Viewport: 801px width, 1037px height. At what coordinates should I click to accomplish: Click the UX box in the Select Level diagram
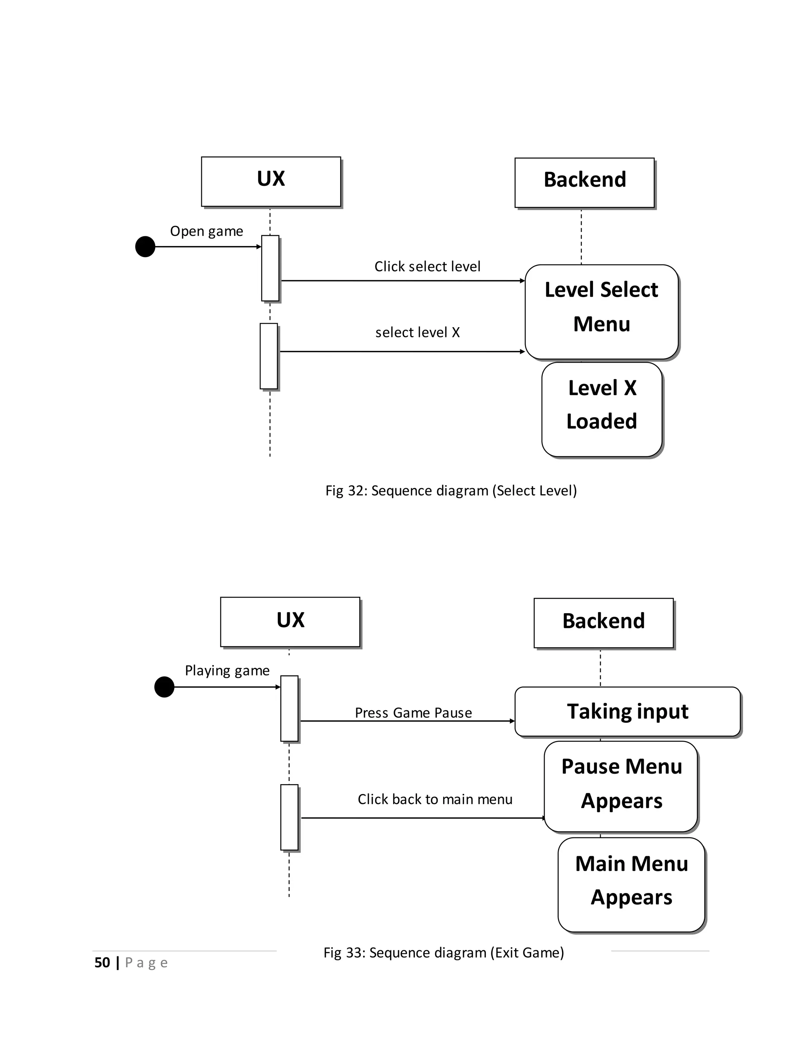click(x=271, y=182)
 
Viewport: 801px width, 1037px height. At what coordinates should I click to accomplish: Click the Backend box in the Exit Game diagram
click(x=603, y=623)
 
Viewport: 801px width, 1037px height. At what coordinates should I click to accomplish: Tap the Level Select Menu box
click(x=601, y=311)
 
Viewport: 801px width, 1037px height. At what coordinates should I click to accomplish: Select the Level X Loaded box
click(x=601, y=409)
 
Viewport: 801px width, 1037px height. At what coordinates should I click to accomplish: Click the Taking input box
click(x=627, y=711)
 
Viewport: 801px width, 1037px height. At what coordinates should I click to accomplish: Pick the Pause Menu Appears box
click(x=621, y=786)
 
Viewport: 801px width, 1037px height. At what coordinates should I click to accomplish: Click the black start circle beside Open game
click(x=145, y=247)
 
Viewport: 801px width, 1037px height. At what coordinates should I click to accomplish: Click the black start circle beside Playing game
click(x=164, y=687)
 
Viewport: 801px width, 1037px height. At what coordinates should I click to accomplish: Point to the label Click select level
click(x=427, y=266)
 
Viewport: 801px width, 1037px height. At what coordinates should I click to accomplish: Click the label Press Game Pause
click(x=413, y=713)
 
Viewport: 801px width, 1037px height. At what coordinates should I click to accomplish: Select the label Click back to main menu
click(x=435, y=799)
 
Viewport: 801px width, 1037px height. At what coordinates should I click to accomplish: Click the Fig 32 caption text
click(x=451, y=490)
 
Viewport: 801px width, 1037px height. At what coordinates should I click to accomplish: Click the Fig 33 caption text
click(x=443, y=952)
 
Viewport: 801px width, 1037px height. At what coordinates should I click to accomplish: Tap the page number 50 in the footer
click(x=102, y=963)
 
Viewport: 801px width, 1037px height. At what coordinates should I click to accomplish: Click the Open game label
click(x=207, y=231)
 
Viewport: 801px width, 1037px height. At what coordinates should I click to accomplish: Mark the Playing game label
click(x=227, y=670)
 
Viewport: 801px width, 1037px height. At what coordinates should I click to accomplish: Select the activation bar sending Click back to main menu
click(x=289, y=817)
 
